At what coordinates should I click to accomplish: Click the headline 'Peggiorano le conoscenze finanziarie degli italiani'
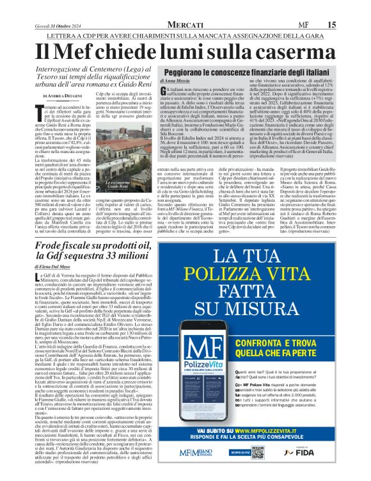click(x=245, y=73)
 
